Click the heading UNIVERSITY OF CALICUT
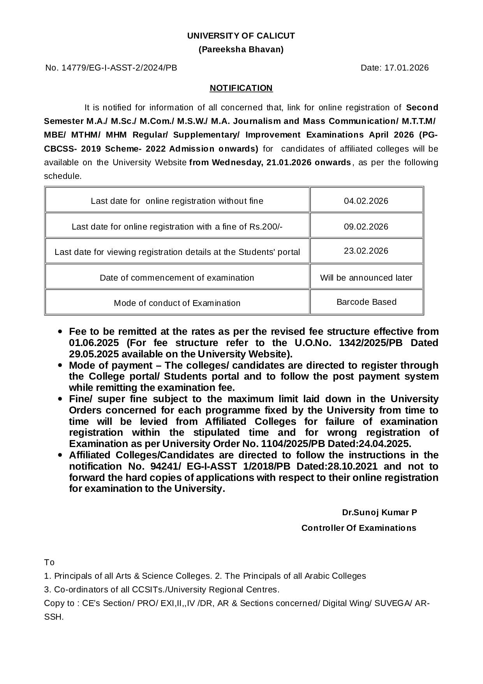tap(241, 36)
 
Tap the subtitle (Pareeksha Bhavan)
tap(241, 49)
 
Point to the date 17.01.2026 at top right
tap(406, 68)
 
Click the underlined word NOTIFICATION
tap(241, 88)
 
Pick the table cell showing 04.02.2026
tap(366, 201)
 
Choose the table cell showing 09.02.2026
tap(366, 227)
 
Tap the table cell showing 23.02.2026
tap(366, 251)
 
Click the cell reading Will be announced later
tap(366, 278)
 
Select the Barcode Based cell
tap(366, 302)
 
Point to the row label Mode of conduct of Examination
tap(177, 303)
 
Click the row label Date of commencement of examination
tap(177, 278)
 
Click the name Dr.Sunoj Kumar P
tap(379, 513)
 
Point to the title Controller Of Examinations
tap(359, 528)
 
